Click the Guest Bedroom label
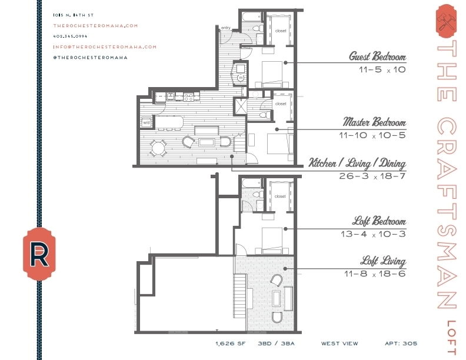coord(377,57)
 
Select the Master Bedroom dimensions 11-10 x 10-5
coord(372,135)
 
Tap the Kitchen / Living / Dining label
coord(357,163)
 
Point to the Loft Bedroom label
coord(379,222)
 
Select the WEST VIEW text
coord(337,343)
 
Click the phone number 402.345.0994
coord(70,36)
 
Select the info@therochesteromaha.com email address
coord(105,46)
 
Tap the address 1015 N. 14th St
coord(72,15)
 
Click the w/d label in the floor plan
coord(146,122)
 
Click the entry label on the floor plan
coord(225,28)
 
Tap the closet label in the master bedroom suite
coord(281,104)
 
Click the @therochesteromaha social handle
coord(90,57)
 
